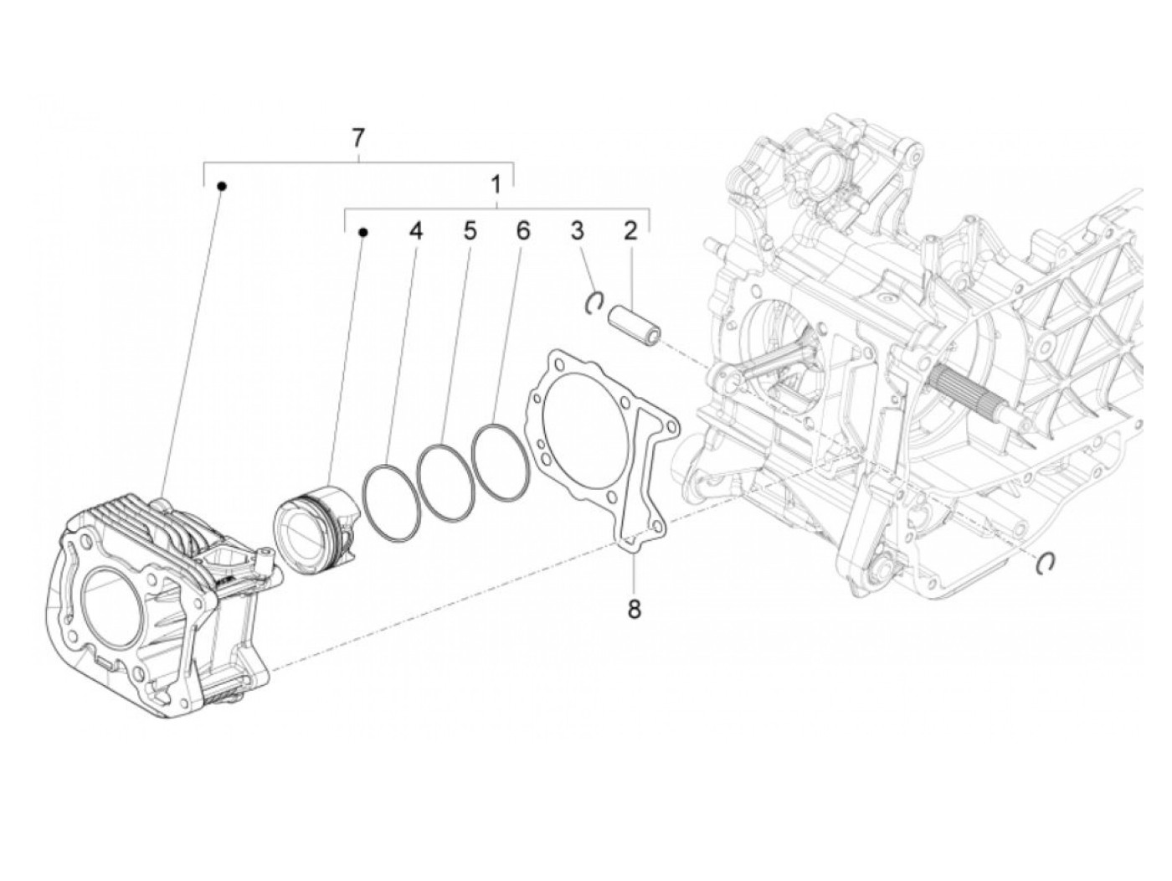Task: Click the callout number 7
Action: [357, 137]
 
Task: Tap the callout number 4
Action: [416, 231]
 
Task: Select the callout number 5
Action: [470, 231]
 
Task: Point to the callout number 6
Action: [522, 231]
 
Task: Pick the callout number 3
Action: [577, 231]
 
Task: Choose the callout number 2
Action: [630, 231]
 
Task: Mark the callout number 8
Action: [634, 609]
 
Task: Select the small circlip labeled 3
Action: [594, 301]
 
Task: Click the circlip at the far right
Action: [1045, 564]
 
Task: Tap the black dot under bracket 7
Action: [222, 186]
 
